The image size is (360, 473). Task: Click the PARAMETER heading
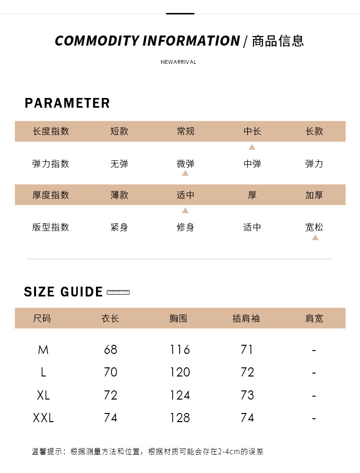pos(67,103)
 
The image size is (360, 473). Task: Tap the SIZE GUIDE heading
pos(63,292)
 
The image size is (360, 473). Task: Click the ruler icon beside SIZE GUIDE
pos(119,292)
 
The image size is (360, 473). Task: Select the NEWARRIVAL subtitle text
pos(179,62)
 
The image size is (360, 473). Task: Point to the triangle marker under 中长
pos(252,147)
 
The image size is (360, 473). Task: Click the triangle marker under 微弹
pos(185,173)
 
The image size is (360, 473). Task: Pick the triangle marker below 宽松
pos(315,237)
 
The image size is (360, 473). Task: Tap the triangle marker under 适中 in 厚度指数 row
pos(185,210)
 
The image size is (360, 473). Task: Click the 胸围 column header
pos(179,318)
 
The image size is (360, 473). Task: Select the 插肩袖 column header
pos(246,318)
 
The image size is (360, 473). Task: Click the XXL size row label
pos(43,418)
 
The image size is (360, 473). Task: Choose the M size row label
pos(43,350)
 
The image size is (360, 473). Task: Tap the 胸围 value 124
pos(180,395)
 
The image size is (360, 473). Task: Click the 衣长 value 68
pos(110,350)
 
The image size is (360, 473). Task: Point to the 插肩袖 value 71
pos(247,350)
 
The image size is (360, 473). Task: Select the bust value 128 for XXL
pos(180,418)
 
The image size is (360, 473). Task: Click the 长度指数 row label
pos(51,131)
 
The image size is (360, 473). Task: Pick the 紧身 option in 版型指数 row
pos(119,227)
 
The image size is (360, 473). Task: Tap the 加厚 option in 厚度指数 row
pos(314,195)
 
